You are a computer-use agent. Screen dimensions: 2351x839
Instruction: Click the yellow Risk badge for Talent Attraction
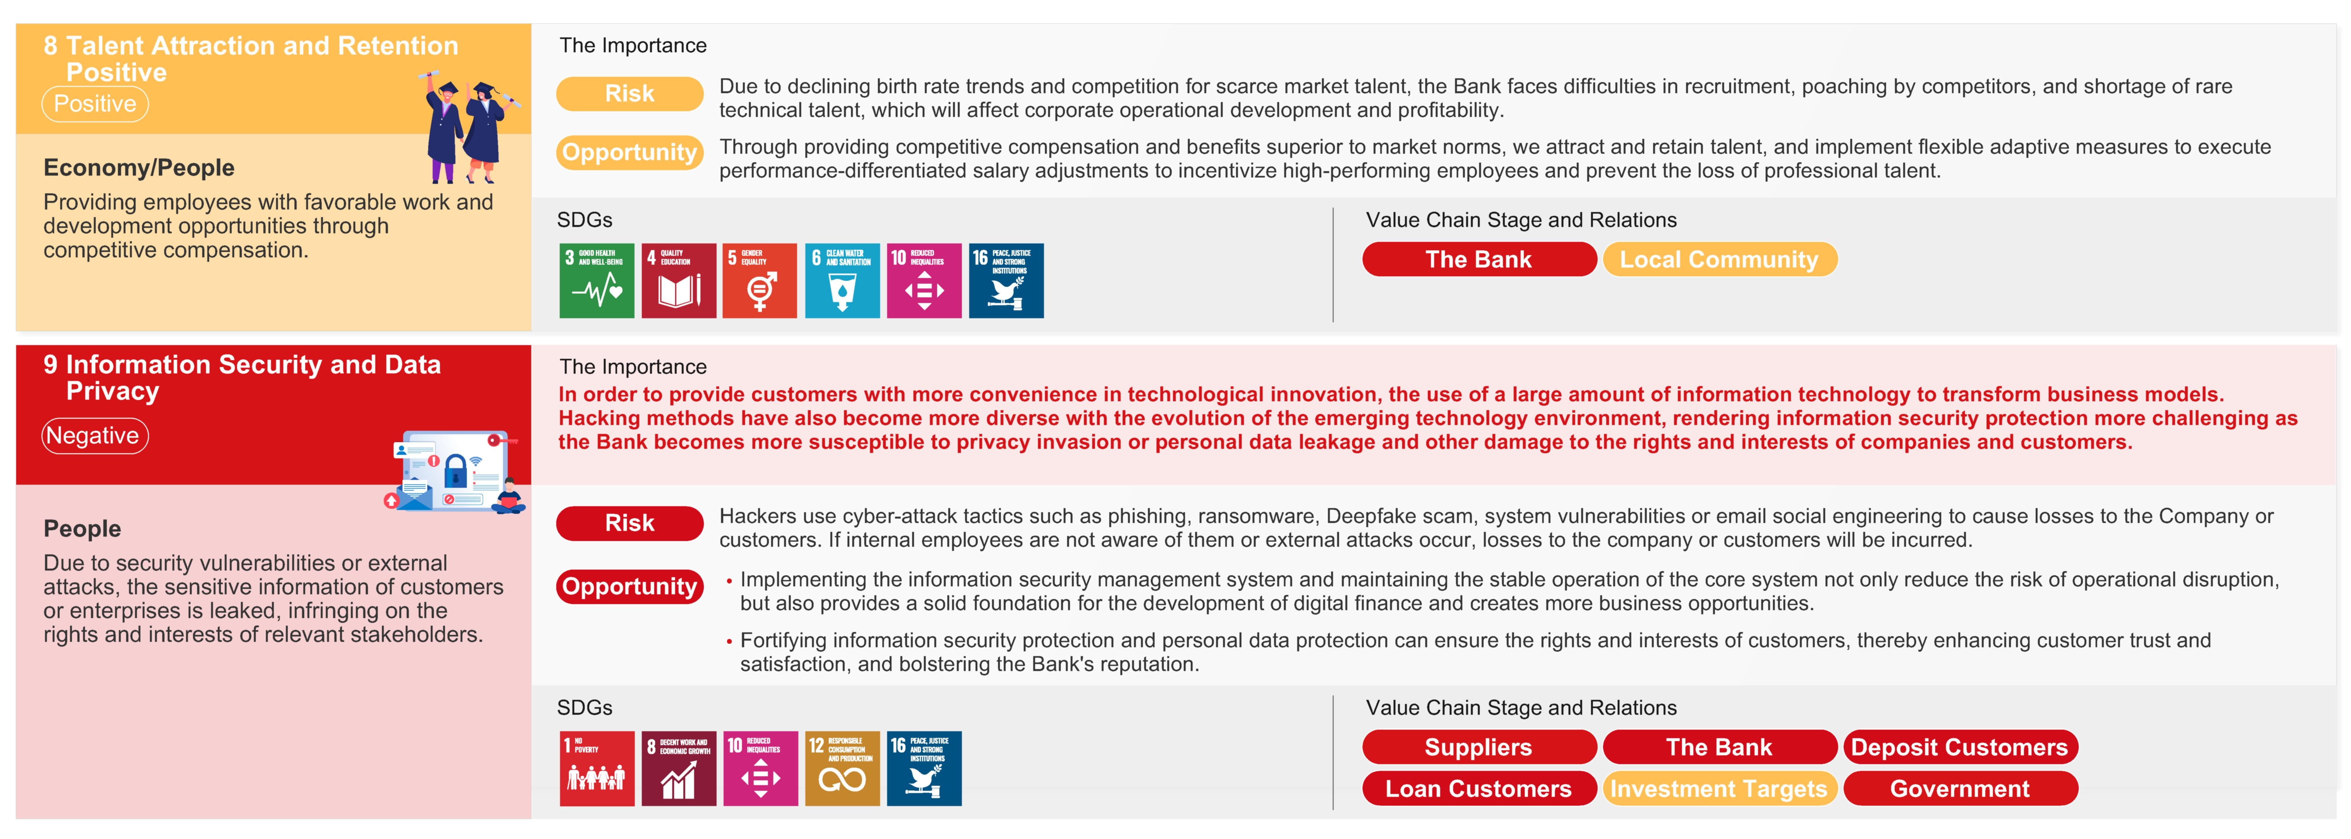(x=630, y=93)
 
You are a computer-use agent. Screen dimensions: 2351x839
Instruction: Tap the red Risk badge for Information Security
(x=630, y=523)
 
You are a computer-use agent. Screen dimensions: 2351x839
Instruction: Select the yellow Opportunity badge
(x=630, y=152)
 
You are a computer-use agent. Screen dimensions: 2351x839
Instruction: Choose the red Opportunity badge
(x=630, y=586)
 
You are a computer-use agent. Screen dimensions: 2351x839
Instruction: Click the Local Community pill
(x=1719, y=259)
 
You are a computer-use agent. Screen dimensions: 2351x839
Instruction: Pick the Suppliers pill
(x=1478, y=747)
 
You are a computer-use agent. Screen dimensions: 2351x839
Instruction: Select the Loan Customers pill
(x=1478, y=789)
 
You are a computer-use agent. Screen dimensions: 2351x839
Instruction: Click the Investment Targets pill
(x=1719, y=789)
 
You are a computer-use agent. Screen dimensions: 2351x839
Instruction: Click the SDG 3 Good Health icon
(x=597, y=280)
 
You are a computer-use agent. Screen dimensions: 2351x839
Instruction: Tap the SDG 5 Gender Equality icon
(x=759, y=280)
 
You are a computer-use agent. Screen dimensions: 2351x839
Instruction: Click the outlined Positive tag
(x=95, y=103)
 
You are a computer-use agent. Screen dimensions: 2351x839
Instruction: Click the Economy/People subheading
(x=139, y=168)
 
